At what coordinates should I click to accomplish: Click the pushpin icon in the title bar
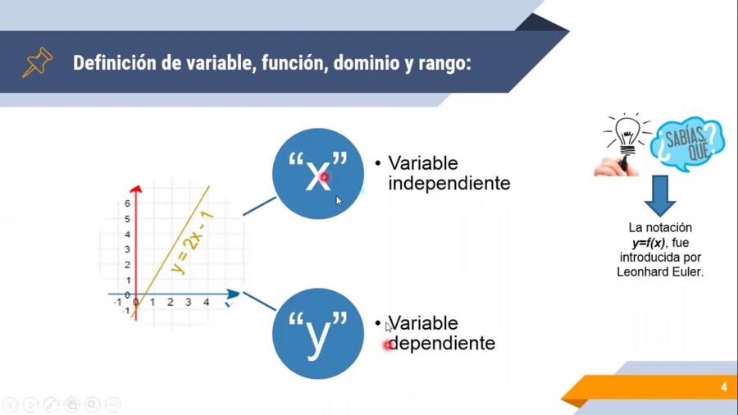37,62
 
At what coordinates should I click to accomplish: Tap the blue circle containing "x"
317,173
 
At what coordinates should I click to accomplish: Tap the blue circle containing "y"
317,334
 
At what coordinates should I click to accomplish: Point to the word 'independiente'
449,183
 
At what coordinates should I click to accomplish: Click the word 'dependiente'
442,343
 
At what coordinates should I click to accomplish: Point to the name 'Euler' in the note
687,271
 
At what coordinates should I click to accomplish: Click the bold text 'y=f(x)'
648,242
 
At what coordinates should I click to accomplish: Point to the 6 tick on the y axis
127,203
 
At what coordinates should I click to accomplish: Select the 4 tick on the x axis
206,303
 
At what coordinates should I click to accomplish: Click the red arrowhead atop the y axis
136,190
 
